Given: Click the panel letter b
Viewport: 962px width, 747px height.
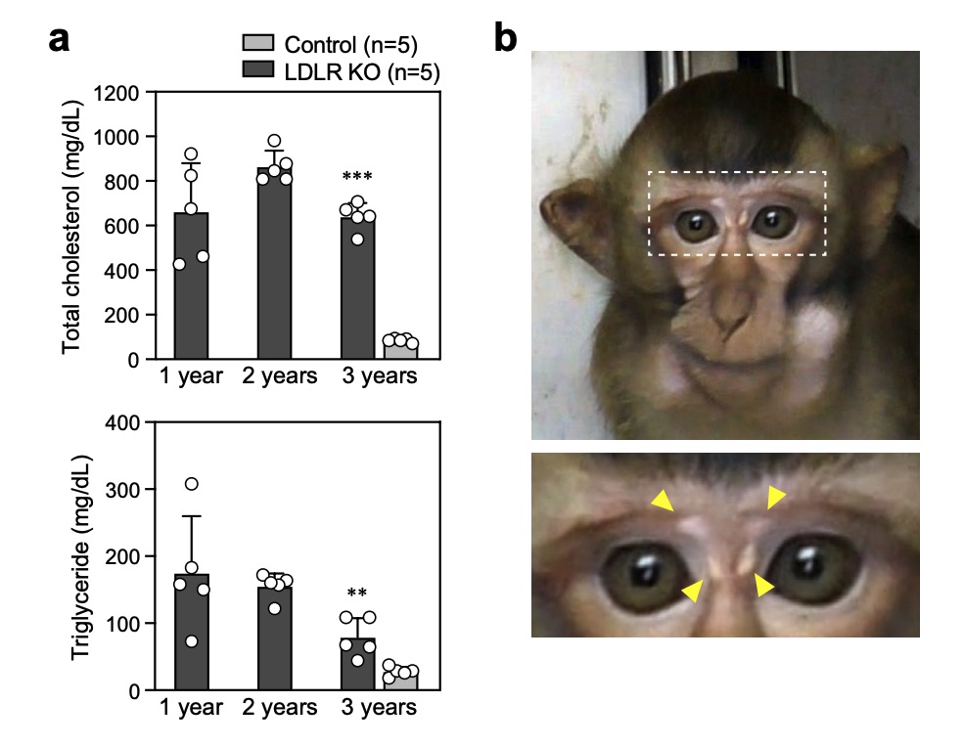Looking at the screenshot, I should click(505, 39).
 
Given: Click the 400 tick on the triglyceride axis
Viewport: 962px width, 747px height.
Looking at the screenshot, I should click(122, 422).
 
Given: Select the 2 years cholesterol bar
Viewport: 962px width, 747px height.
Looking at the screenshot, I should click(274, 264).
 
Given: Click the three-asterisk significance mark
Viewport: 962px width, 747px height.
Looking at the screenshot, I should click(357, 178).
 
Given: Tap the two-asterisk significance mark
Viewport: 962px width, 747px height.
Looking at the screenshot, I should click(357, 593).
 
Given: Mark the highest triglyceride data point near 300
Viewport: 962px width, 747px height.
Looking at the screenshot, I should click(192, 484).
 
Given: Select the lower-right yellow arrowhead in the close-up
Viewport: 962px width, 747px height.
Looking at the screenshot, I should click(764, 586).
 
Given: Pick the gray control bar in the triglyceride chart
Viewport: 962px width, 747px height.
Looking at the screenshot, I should click(399, 680).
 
